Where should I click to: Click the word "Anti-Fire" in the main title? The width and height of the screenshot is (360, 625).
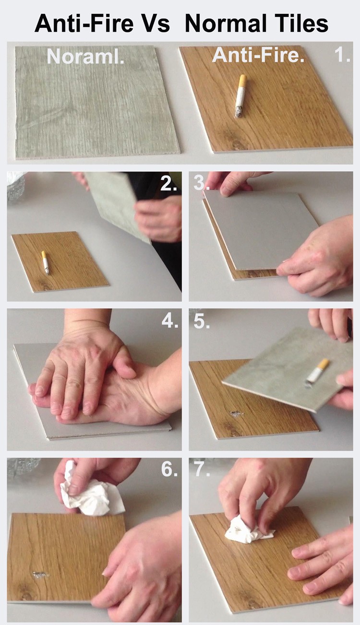click(84, 23)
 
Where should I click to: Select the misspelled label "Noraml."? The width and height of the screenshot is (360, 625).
click(85, 57)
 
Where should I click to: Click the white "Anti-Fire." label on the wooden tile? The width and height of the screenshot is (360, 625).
click(258, 55)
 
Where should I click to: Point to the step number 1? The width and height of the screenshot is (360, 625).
click(342, 55)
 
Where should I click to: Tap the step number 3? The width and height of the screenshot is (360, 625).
click(201, 183)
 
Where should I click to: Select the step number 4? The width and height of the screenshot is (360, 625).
click(170, 321)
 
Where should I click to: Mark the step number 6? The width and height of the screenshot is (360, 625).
click(169, 469)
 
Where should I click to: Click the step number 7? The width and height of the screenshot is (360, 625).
click(202, 469)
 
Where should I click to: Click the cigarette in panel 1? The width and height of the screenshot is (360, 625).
click(240, 96)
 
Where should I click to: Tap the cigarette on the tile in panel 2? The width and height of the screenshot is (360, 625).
click(45, 262)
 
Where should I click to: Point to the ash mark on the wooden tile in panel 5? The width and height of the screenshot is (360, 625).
click(237, 413)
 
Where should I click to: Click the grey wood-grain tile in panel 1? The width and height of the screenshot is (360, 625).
click(97, 102)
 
